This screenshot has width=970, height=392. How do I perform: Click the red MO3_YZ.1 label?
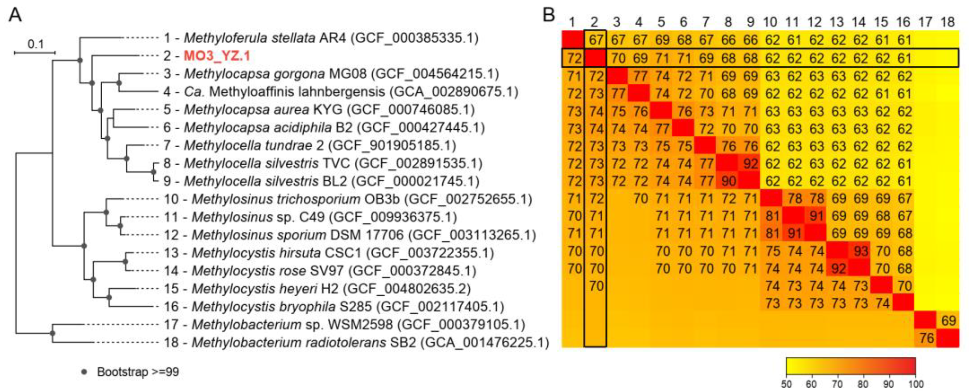[217, 56]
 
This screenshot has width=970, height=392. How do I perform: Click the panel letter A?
[16, 16]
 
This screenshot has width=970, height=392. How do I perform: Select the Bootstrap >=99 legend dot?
[84, 372]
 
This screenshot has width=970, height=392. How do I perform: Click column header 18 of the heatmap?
[947, 22]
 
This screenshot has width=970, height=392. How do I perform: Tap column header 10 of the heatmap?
[770, 22]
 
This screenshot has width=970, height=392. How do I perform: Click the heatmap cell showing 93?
[861, 251]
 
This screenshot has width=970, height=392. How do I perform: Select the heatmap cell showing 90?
[728, 181]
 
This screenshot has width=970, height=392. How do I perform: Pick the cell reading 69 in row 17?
[948, 321]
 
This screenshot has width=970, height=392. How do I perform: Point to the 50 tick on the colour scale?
[786, 384]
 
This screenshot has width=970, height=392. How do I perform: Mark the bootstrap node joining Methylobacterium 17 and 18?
[53, 333]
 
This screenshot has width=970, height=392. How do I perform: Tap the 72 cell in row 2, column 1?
[573, 58]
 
